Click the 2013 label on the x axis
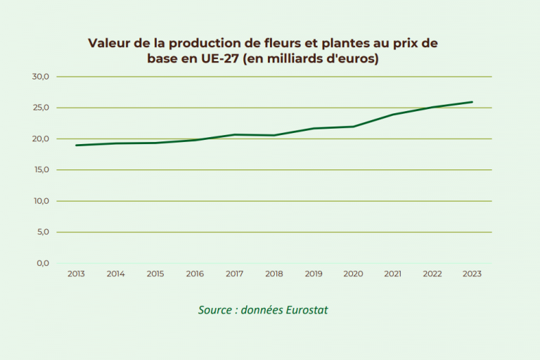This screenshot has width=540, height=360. [76, 274]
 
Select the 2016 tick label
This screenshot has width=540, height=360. [195, 274]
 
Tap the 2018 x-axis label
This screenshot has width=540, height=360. [274, 274]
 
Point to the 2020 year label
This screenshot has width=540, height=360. [353, 274]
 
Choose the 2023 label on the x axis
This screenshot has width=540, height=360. [472, 274]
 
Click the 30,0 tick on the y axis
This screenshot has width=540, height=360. [41, 77]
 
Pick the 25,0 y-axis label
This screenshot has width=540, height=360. [41, 108]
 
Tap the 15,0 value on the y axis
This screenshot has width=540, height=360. [41, 169]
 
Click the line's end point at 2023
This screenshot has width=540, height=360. [472, 102]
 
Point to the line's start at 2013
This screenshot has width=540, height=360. [76, 146]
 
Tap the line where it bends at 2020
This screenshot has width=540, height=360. [353, 127]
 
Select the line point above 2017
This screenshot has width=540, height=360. [234, 134]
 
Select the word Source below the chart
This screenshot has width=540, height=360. [214, 309]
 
